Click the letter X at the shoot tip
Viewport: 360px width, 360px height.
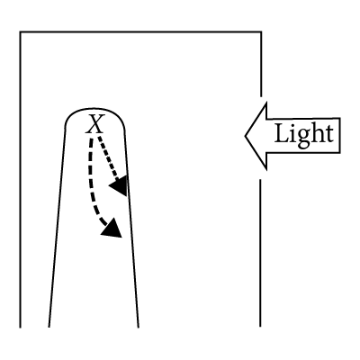click(x=95, y=124)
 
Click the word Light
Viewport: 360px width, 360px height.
click(x=303, y=134)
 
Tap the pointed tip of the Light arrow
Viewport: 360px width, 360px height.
click(x=246, y=136)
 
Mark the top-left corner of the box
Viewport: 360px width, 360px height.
click(x=20, y=31)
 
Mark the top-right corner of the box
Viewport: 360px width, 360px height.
click(x=261, y=31)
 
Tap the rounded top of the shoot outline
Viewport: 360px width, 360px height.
click(x=94, y=109)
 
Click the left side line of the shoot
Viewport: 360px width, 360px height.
click(x=57, y=228)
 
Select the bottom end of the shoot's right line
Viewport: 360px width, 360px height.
click(x=139, y=327)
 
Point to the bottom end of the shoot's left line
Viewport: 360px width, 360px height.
click(x=49, y=327)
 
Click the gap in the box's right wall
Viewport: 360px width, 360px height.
click(x=260, y=138)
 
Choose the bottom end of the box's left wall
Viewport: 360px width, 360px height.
click(x=20, y=328)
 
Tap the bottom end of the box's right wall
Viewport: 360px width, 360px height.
click(x=260, y=327)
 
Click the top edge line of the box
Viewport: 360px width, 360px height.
click(x=140, y=31)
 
